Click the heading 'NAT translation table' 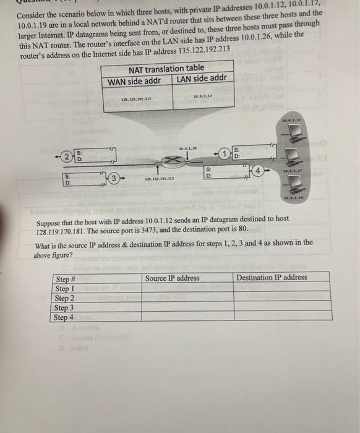tap(166, 67)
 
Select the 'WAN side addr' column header tap(134, 81)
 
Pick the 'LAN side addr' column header tap(204, 79)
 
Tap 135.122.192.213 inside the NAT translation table tap(137, 98)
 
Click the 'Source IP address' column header tap(172, 278)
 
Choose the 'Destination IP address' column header tap(271, 277)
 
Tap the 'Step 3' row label tap(64, 307)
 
